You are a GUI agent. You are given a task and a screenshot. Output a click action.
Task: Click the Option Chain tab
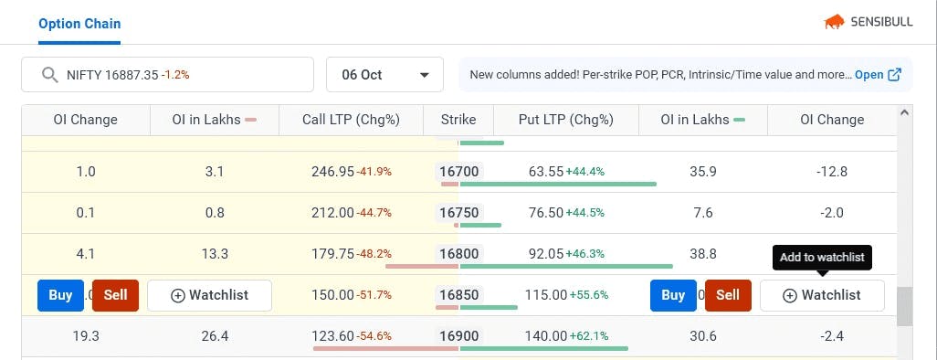point(79,24)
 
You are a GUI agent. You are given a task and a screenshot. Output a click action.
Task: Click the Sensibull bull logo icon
point(834,23)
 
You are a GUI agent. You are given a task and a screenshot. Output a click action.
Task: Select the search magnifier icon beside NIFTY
point(49,75)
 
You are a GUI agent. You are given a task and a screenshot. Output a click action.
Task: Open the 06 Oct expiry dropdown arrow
point(425,75)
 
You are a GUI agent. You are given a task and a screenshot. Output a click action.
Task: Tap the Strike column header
point(458,120)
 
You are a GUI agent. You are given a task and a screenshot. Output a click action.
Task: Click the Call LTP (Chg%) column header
point(351,120)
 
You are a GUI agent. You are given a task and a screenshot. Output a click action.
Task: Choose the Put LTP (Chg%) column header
point(566,120)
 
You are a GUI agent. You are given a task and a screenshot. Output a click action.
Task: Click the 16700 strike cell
point(459,172)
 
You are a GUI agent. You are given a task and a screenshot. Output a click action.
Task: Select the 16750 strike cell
point(459,213)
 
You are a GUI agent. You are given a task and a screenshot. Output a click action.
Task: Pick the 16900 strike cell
point(459,336)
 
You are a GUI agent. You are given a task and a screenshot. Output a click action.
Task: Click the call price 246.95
point(332,172)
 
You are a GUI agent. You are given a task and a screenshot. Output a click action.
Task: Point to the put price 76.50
point(546,213)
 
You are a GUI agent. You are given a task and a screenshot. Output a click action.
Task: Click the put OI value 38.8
point(703,254)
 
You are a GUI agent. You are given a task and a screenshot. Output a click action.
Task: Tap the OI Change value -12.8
point(832,172)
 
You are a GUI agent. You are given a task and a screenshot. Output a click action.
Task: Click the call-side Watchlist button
point(210,295)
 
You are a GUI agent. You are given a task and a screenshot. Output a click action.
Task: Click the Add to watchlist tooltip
point(822,258)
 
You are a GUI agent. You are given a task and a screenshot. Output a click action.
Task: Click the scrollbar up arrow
point(903,112)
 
